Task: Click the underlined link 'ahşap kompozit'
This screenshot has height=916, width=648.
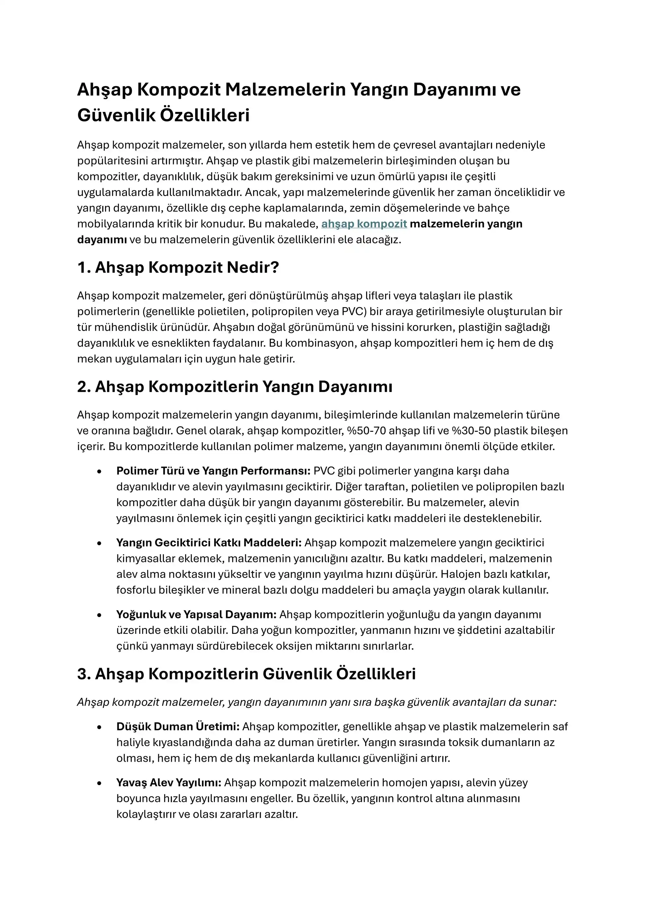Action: [x=364, y=224]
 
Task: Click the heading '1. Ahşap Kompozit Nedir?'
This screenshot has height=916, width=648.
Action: [x=178, y=267]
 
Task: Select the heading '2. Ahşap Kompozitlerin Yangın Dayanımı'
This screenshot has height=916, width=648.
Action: [x=235, y=387]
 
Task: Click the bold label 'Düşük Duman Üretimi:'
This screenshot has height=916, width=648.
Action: [x=178, y=727]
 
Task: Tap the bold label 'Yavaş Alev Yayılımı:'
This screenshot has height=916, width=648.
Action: [x=169, y=783]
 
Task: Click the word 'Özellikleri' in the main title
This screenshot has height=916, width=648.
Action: [x=205, y=115]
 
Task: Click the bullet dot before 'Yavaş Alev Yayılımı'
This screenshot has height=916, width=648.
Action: [x=99, y=783]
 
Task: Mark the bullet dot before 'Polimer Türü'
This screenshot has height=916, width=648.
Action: [x=99, y=472]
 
